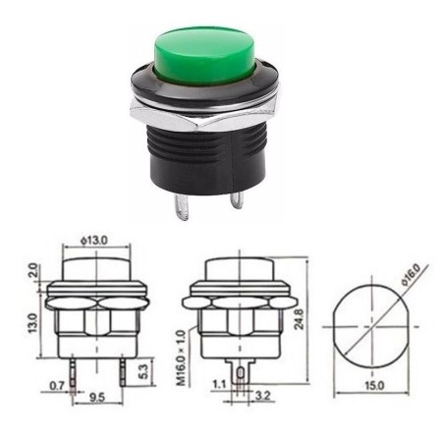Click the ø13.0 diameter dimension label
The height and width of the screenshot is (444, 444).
click(95, 239)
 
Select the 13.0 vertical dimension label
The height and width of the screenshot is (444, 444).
click(33, 321)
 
